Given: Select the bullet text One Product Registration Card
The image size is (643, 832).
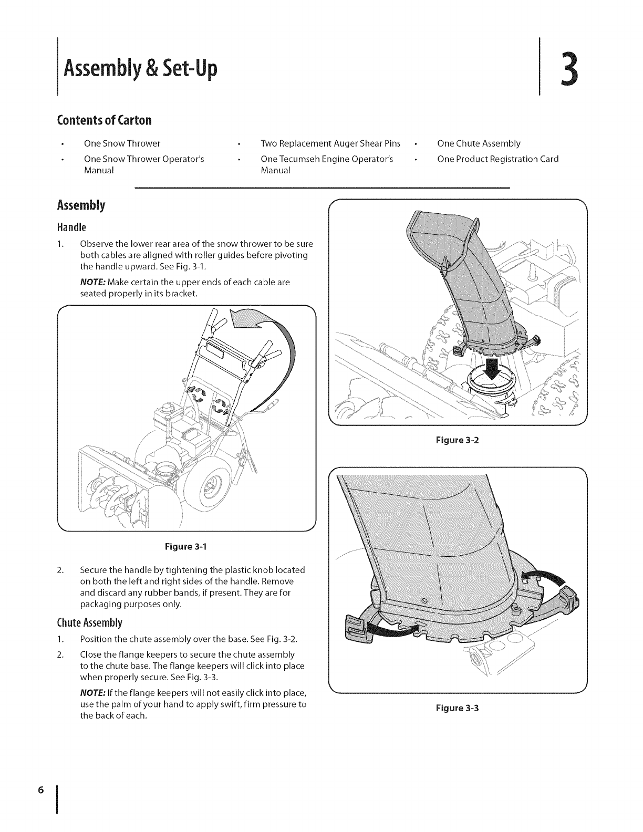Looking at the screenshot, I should [x=497, y=159].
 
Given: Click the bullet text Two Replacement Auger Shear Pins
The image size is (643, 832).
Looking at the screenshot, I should [x=330, y=143].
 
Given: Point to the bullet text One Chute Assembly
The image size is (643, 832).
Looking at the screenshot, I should [x=479, y=143].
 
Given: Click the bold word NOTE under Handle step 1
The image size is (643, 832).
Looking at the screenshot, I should [x=92, y=282].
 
